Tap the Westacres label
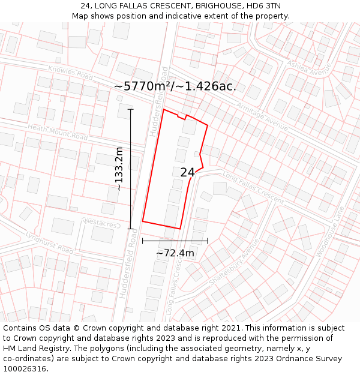(101, 224)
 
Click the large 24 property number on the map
(187, 172)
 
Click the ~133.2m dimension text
(119, 169)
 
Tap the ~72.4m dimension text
(175, 253)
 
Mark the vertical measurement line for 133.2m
(131, 169)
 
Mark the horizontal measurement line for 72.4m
(175, 241)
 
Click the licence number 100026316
(25, 369)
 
